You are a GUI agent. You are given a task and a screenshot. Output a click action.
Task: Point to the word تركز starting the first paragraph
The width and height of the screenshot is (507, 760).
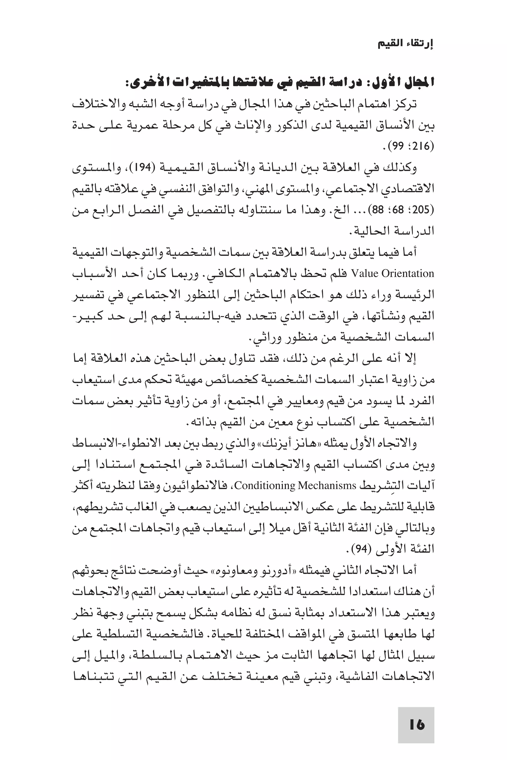coord(405,104)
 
